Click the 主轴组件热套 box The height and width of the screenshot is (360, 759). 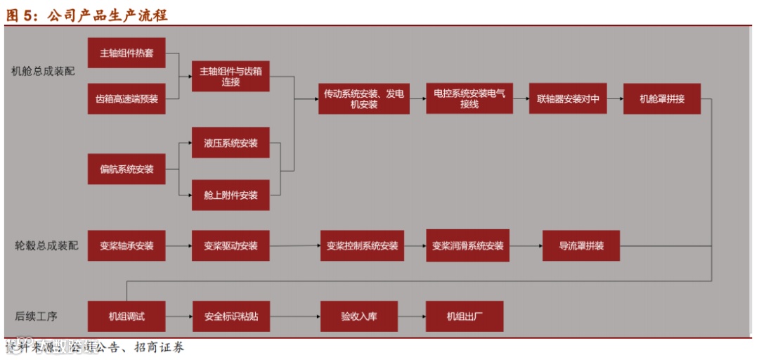click(126, 53)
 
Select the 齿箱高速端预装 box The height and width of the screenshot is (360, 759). click(126, 99)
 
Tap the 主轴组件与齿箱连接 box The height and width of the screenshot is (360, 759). click(231, 76)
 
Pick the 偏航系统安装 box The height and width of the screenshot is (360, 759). click(126, 169)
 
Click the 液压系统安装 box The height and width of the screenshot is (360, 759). click(231, 143)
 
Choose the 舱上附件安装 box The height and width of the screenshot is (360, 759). click(231, 195)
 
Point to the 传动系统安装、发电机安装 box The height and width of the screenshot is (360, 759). click(363, 99)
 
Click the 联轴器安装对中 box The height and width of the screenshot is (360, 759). click(568, 99)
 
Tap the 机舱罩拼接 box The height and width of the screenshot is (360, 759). click(662, 99)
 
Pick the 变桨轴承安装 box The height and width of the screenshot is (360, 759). click(126, 246)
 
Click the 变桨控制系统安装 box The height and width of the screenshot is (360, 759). click(362, 246)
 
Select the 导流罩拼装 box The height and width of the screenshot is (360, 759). click(581, 246)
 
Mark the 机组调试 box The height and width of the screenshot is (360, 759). click(126, 316)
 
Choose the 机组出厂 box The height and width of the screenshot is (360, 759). click(465, 316)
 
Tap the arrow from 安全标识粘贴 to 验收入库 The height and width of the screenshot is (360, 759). click(294, 316)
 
